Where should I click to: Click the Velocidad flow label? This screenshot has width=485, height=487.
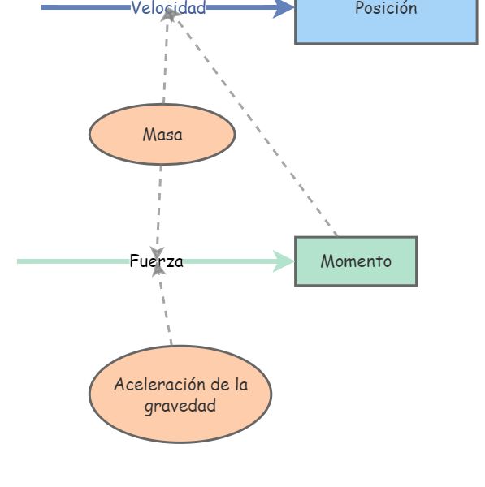(x=168, y=8)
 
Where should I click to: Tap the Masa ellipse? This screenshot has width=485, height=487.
(x=162, y=135)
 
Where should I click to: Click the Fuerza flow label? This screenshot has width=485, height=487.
(x=156, y=261)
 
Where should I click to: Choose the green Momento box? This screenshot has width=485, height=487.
(x=355, y=261)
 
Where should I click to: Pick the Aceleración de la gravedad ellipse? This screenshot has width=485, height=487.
(x=180, y=394)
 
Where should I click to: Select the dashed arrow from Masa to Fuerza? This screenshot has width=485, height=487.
(x=159, y=207)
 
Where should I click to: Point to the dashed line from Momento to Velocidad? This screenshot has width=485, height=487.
(x=260, y=130)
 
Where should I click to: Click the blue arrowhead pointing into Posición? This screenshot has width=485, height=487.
(x=283, y=8)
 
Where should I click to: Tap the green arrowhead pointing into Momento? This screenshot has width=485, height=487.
(x=284, y=261)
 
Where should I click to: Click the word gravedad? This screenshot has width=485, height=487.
(x=180, y=405)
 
